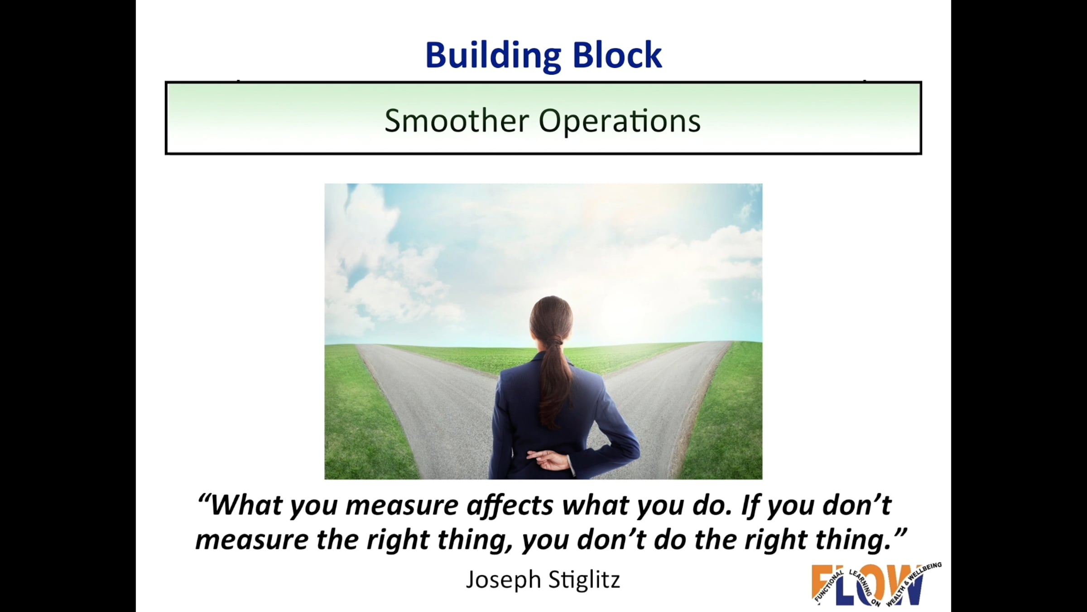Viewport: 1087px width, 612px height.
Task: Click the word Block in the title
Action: [x=617, y=55]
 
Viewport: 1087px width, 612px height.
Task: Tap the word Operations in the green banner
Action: [x=620, y=121]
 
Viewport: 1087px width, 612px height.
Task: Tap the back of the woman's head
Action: [x=551, y=317]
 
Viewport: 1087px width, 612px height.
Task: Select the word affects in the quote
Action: [x=510, y=505]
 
